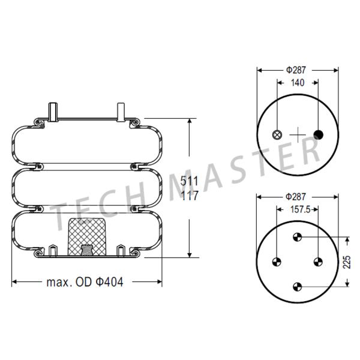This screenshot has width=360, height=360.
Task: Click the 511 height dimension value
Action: [x=189, y=181]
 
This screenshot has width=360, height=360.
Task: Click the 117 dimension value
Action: [x=190, y=196]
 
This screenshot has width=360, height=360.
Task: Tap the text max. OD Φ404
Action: [x=85, y=282]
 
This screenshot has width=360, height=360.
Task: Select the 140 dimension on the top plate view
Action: [x=298, y=83]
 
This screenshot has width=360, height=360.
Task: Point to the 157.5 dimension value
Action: [x=301, y=209]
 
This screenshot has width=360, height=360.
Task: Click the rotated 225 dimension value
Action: [x=347, y=262]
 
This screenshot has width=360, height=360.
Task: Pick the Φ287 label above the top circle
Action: [x=296, y=70]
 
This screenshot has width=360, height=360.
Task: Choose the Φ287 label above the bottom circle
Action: [x=296, y=197]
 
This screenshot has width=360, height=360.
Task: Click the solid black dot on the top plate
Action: [x=318, y=135]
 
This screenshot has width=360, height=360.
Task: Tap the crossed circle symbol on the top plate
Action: [x=277, y=135]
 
